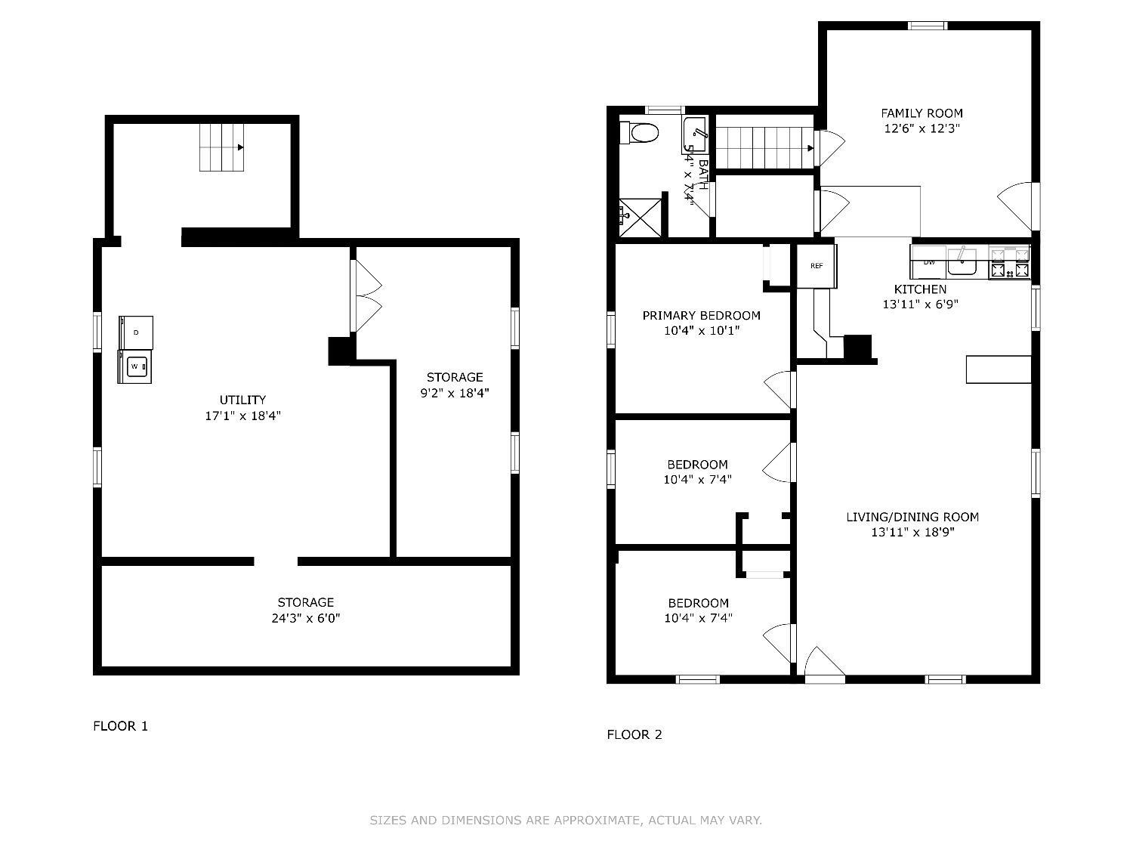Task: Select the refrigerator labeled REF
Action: coord(817,266)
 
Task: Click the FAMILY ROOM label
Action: coord(922,113)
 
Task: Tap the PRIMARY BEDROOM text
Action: coord(701,315)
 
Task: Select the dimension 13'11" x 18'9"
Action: coord(912,533)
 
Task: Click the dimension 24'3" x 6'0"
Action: coord(305,618)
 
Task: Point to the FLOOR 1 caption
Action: coord(121,726)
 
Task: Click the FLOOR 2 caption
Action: coord(634,734)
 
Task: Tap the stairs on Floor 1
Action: coord(222,147)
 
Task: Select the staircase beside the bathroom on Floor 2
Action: coord(764,147)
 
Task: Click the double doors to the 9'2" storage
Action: coord(366,295)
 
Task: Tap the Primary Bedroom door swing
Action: coord(778,389)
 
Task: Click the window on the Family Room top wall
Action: coord(927,26)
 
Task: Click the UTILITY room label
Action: coord(242,400)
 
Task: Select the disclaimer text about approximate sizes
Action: coord(566,820)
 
